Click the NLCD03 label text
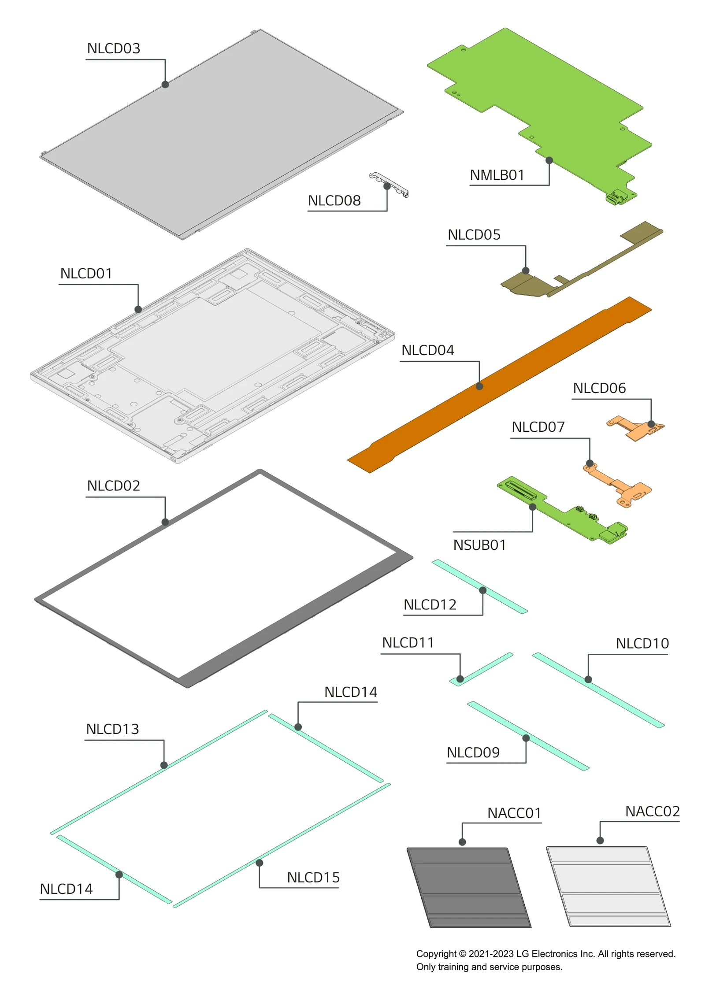click(113, 48)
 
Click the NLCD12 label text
click(430, 604)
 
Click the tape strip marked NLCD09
click(529, 736)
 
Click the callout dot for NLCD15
click(259, 863)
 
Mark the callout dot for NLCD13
click(164, 765)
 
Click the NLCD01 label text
click(86, 273)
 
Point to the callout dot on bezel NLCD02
click(165, 522)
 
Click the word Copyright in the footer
click(436, 953)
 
